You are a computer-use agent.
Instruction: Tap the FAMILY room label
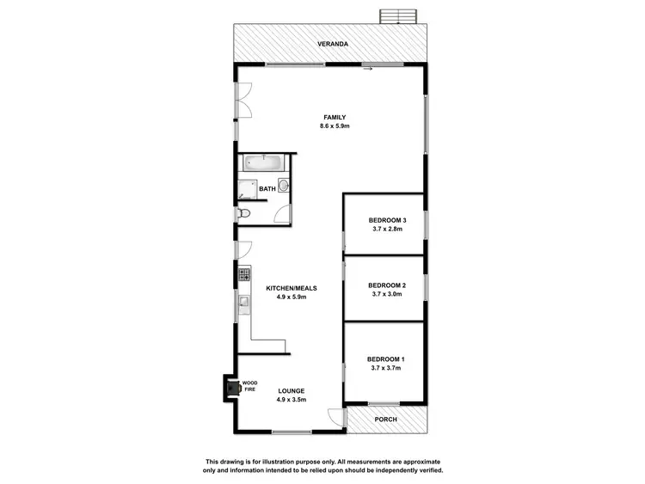coord(335,117)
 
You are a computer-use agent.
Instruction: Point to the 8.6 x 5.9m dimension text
coord(335,126)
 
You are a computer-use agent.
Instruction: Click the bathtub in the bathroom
coord(263,162)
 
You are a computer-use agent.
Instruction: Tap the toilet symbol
coord(243,214)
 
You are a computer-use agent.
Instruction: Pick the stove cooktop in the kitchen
coord(243,275)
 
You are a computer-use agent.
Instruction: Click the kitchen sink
coord(244,302)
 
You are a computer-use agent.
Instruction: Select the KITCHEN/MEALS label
coord(291,288)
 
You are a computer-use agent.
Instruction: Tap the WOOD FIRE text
coord(250,386)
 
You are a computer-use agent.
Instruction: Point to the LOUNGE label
coord(292,391)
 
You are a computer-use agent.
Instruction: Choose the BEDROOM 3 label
coord(386,220)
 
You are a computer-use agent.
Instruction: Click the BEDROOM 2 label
coord(386,285)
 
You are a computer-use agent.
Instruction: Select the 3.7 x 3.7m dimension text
coord(386,367)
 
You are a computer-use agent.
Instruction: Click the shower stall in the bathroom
coord(248,192)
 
